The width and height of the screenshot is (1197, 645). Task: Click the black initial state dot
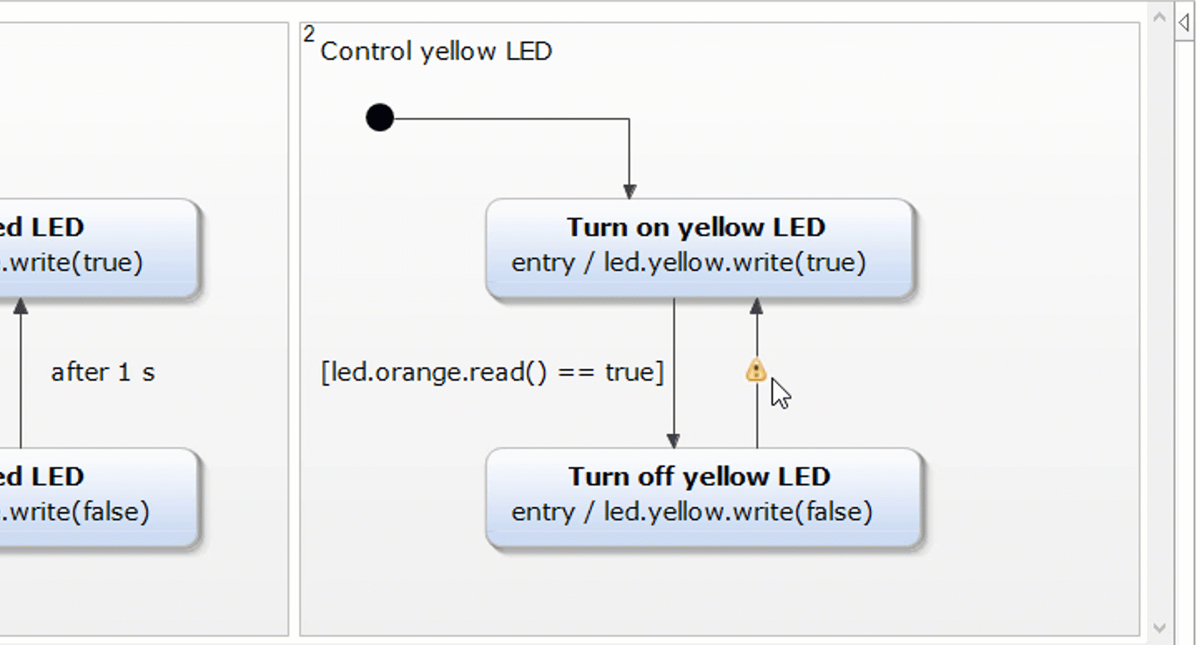[x=380, y=118]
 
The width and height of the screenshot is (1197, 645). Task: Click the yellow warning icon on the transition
[x=756, y=371]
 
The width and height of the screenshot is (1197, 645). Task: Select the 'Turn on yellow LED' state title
[x=696, y=227]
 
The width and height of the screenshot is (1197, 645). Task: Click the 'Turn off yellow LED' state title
[x=699, y=476]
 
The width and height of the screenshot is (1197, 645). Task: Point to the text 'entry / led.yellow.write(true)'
[x=688, y=263]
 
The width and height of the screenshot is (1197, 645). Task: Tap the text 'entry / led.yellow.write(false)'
[x=692, y=511]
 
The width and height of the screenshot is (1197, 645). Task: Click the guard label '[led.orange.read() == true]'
[x=492, y=372]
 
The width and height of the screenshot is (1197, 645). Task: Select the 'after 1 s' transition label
[x=102, y=372]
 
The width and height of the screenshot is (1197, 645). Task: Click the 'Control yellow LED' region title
[x=436, y=52]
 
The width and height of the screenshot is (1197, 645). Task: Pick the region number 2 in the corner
[x=309, y=34]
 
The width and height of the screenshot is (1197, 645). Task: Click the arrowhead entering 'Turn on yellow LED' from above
[x=629, y=191]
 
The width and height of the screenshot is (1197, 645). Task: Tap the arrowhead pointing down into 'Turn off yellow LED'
[x=673, y=441]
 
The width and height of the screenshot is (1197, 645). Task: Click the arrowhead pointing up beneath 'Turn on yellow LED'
[x=756, y=307]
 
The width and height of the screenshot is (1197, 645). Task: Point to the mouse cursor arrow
[x=780, y=393]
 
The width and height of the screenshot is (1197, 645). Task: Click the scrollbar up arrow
[x=1160, y=17]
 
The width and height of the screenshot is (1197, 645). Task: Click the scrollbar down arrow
[x=1160, y=628]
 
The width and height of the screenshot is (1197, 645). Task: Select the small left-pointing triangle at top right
[x=1184, y=22]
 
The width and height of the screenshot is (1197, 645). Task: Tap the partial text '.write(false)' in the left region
[x=76, y=511]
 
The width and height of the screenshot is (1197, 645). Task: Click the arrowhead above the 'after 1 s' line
[x=21, y=307]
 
